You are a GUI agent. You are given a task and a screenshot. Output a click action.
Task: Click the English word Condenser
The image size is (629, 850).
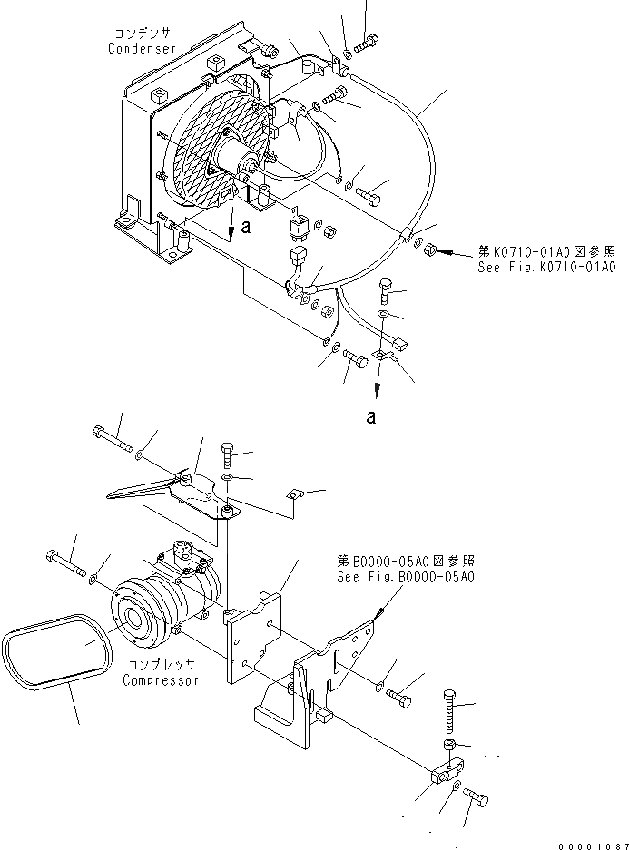coord(142,48)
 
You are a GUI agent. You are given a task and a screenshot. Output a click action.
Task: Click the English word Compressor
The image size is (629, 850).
coord(162,680)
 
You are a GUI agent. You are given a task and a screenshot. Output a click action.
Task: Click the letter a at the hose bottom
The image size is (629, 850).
coord(370,417)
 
